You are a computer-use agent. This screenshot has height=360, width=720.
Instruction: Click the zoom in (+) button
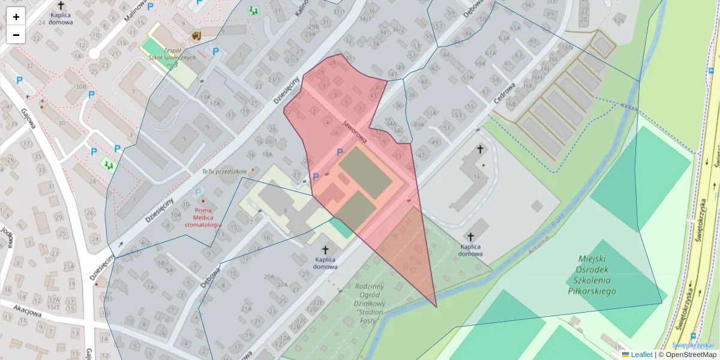pos(16,17)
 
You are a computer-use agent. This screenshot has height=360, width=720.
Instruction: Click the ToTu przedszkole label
pos(224,172)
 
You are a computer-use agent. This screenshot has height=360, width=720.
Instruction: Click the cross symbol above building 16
pos(480,149)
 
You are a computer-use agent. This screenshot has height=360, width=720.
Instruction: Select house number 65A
pos(515,28)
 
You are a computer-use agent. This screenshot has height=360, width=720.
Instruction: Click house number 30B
pos(81,86)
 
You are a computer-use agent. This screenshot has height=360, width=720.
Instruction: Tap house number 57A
pos(468,78)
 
